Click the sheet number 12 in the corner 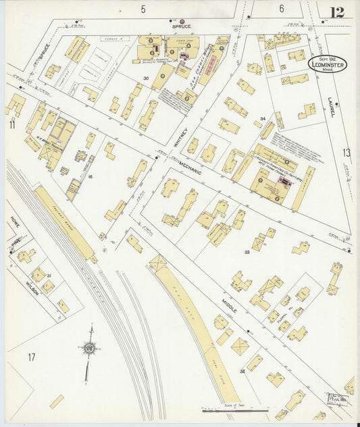(x=336, y=11)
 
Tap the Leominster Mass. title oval (x=328, y=64)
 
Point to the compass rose (x=88, y=349)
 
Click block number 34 (x=261, y=119)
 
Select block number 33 (x=247, y=252)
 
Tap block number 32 (x=242, y=371)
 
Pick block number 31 (x=49, y=276)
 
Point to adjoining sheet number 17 (x=31, y=357)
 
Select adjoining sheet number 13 (x=346, y=153)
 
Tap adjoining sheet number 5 (x=143, y=9)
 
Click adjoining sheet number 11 (x=11, y=124)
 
